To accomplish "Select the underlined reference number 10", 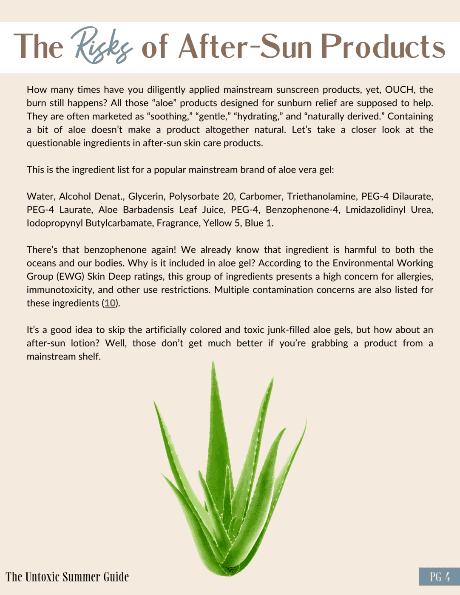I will click(x=110, y=303).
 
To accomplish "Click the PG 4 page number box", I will click(x=439, y=577).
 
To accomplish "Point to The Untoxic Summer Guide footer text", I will click(x=67, y=577).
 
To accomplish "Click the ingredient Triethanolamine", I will click(x=321, y=196).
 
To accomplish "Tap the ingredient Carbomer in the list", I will click(x=260, y=196).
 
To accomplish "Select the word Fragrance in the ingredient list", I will click(x=177, y=223).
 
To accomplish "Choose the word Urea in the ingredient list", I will click(x=422, y=210).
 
